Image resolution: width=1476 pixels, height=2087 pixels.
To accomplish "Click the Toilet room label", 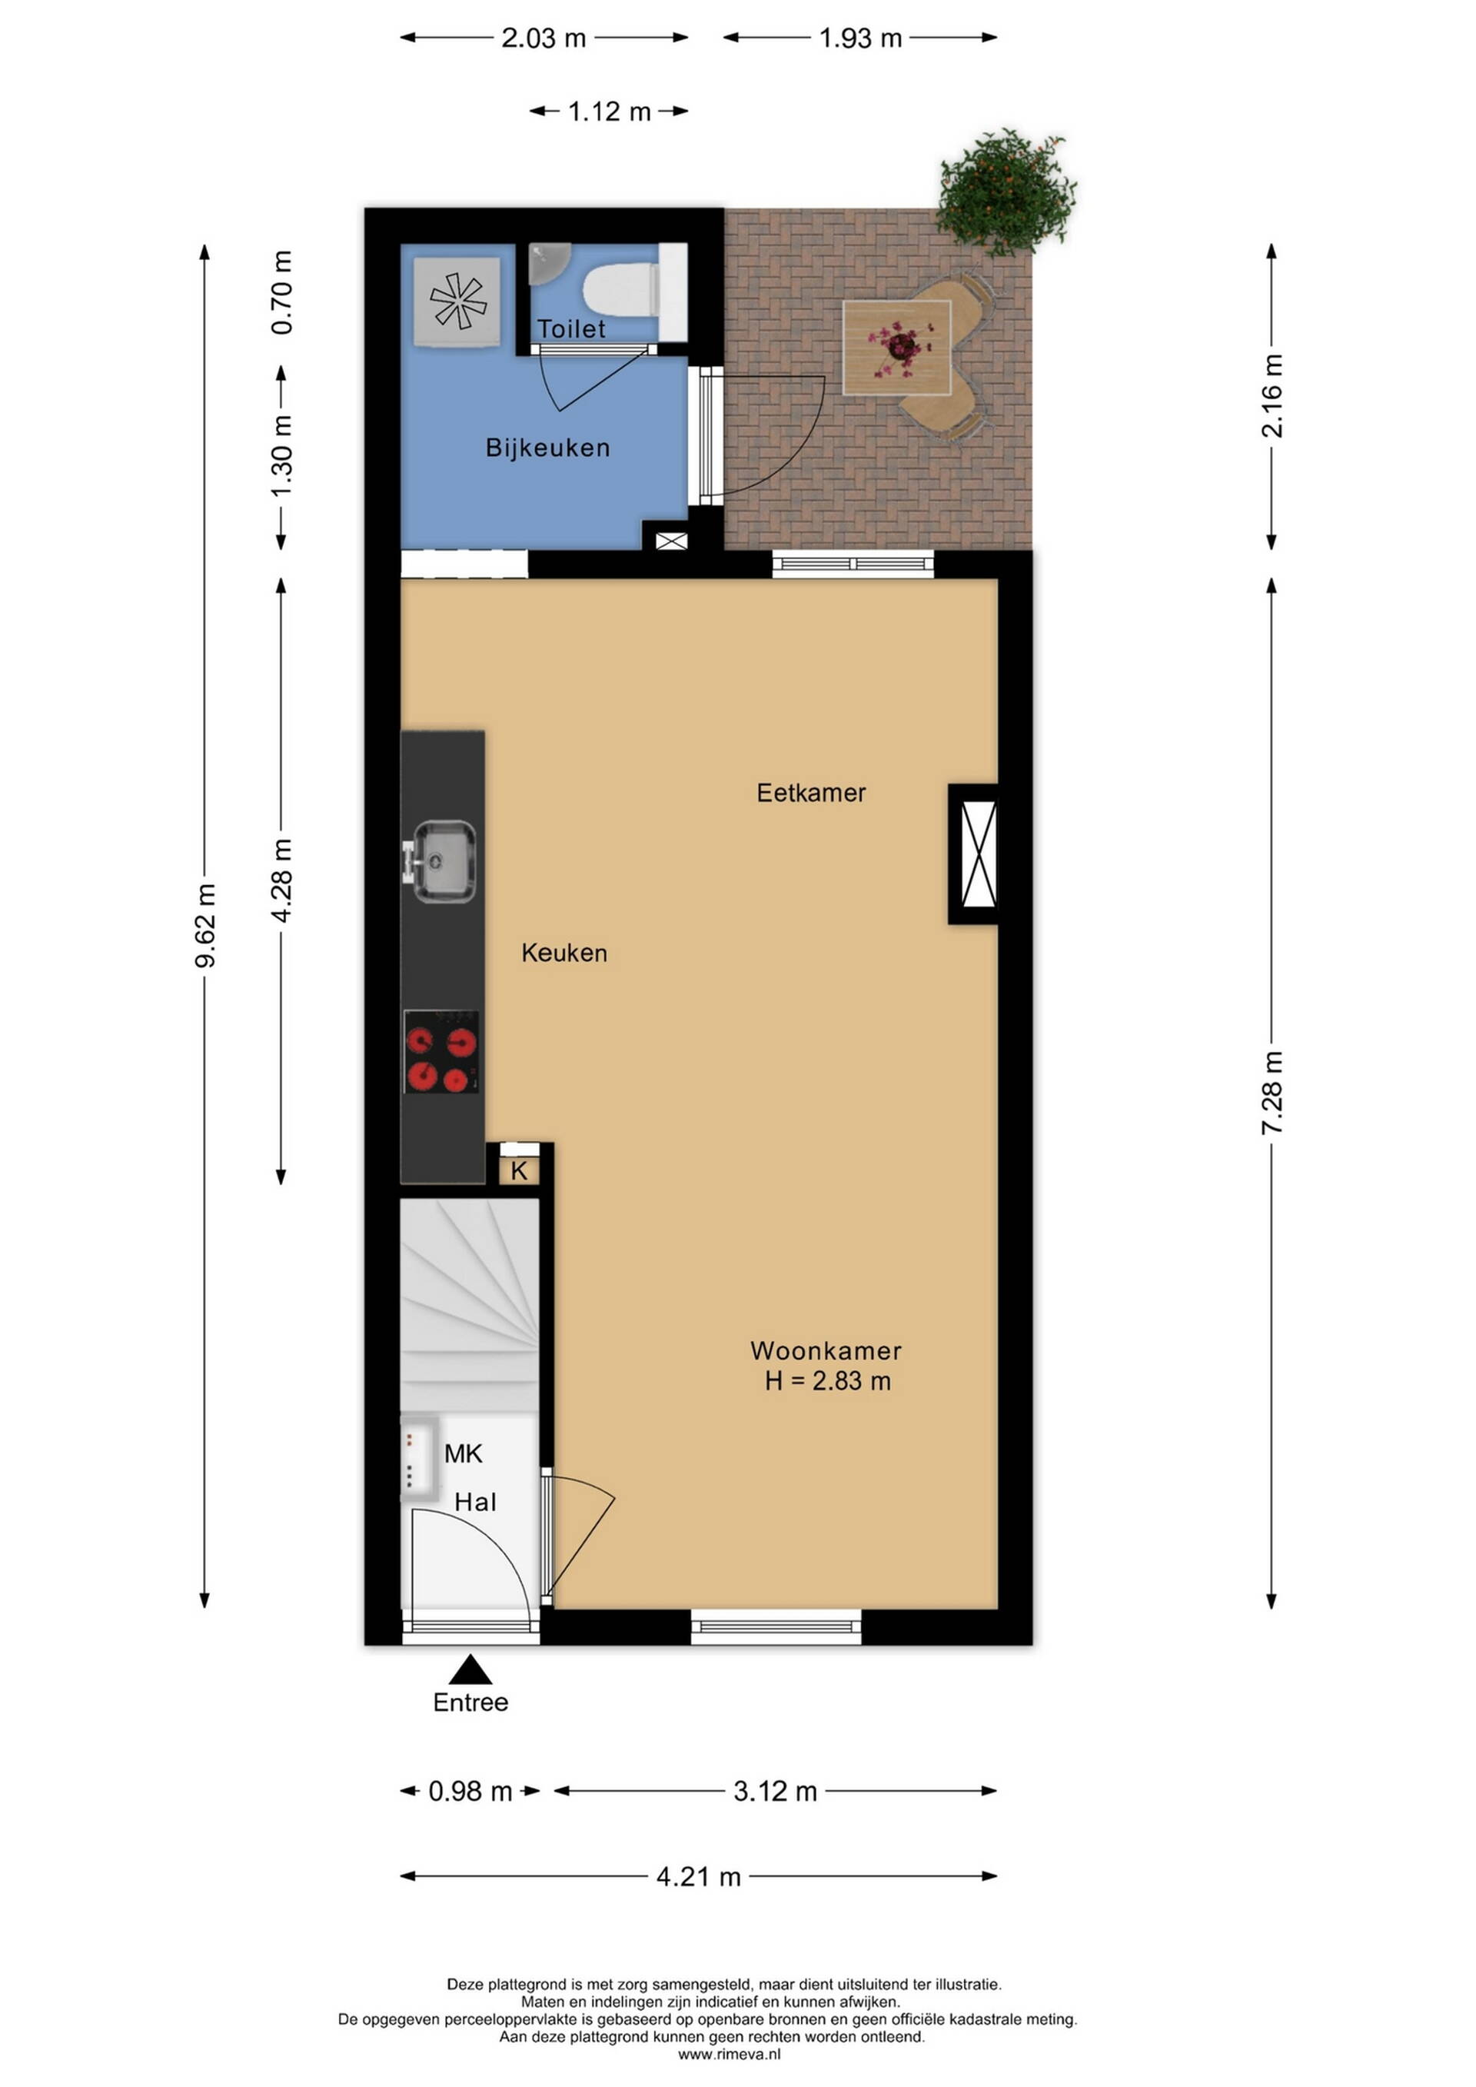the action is coord(570,328).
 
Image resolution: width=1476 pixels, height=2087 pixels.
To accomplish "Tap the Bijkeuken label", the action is coord(547,448).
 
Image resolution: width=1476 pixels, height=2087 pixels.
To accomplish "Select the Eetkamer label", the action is coord(811,793).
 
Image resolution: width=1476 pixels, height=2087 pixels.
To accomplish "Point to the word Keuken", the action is coord(563,953).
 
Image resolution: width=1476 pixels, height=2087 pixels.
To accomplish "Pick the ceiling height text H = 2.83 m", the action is coord(827,1381).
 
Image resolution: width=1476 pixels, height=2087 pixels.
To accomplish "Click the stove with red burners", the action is coord(442,1052).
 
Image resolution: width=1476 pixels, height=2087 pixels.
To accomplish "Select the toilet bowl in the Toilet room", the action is coord(620,289).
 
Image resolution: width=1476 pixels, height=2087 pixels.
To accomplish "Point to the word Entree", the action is coord(470,1703).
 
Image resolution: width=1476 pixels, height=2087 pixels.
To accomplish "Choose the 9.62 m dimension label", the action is coord(205,925).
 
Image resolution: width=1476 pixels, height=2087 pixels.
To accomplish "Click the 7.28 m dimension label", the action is coord(1272,1093).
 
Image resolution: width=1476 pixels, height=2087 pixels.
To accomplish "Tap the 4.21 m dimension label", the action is coord(698,1877).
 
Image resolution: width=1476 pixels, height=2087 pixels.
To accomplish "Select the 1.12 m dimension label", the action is coord(609,112).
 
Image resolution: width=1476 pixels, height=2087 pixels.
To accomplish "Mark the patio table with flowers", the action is coord(897,348).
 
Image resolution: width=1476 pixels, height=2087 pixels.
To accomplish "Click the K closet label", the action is coord(519,1170).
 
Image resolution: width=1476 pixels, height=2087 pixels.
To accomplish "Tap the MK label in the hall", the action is coord(463,1453).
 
